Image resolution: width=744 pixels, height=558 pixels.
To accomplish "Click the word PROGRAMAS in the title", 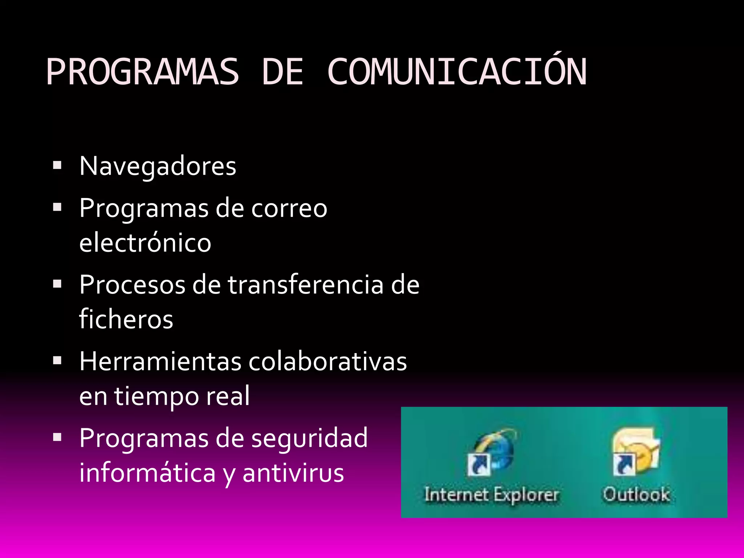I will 142,72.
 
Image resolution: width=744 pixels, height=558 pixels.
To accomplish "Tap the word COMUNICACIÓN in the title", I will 457,72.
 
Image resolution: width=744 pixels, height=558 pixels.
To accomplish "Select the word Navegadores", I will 158,166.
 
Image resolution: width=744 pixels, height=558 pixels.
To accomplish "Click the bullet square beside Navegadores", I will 57,166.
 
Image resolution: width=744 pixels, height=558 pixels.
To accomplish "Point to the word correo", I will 289,209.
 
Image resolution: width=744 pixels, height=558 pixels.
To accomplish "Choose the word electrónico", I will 145,243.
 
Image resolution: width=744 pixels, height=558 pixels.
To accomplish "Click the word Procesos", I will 132,285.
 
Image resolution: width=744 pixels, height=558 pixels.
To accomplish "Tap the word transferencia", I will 306,285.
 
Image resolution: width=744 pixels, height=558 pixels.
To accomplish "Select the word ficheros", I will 126,319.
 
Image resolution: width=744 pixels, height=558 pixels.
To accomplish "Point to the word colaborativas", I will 328,361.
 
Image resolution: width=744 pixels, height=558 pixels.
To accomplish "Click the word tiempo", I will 157,396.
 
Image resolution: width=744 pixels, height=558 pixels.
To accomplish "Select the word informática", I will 147,473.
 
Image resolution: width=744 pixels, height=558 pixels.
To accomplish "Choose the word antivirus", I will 293,473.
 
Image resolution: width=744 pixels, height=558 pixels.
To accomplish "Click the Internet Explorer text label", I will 492,495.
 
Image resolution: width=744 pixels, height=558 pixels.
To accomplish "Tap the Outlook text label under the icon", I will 636,495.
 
